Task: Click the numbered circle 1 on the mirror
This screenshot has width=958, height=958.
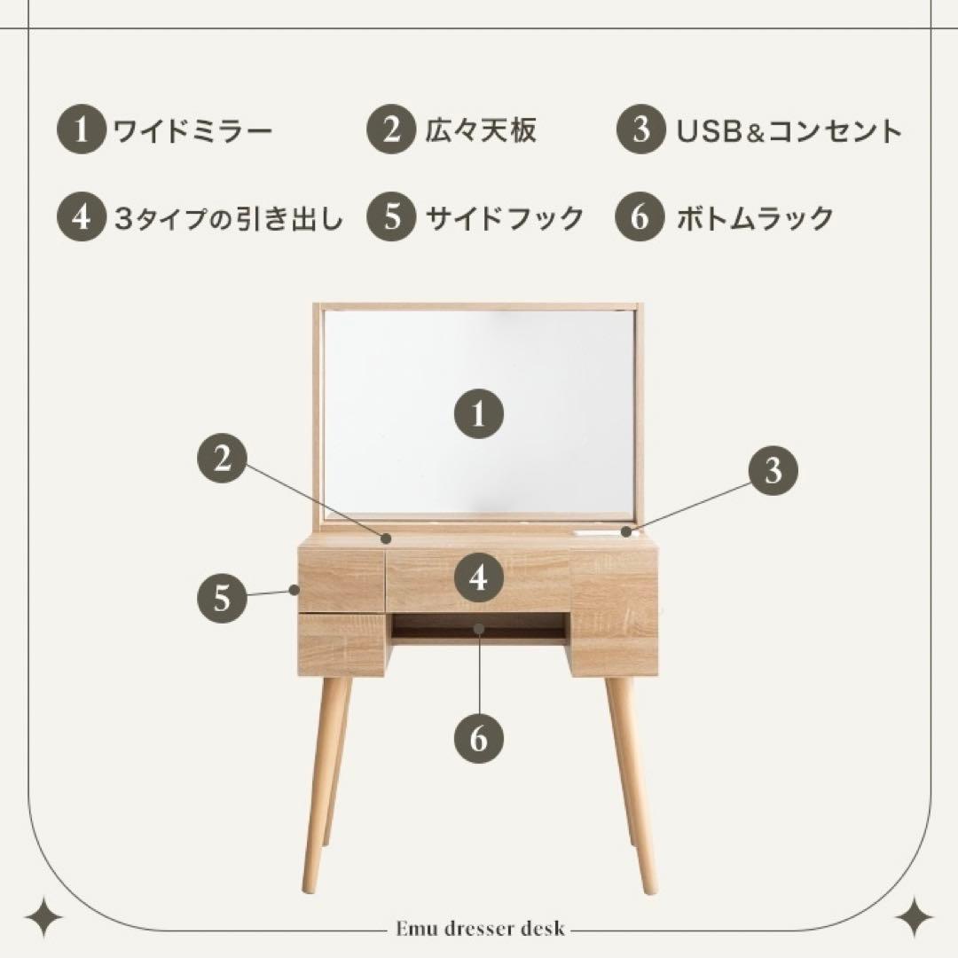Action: coord(479,414)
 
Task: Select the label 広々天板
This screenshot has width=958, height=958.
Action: coord(480,132)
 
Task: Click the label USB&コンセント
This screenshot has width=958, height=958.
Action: coord(789,132)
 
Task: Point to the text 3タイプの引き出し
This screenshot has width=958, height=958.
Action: coord(228,218)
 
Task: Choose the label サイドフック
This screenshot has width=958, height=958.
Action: coord(505,218)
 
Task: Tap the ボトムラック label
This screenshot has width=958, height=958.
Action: coord(755,218)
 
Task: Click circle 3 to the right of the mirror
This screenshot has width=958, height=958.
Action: coord(773,470)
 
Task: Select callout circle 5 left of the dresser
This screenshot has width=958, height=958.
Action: coord(222,599)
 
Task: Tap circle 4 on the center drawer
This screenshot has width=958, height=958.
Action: coord(479,578)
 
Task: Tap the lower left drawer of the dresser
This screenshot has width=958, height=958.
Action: coord(342,643)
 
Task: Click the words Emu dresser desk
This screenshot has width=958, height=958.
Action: coord(479,930)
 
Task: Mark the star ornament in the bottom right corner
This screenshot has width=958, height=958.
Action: coord(914,917)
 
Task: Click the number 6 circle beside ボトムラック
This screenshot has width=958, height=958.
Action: coord(640,218)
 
